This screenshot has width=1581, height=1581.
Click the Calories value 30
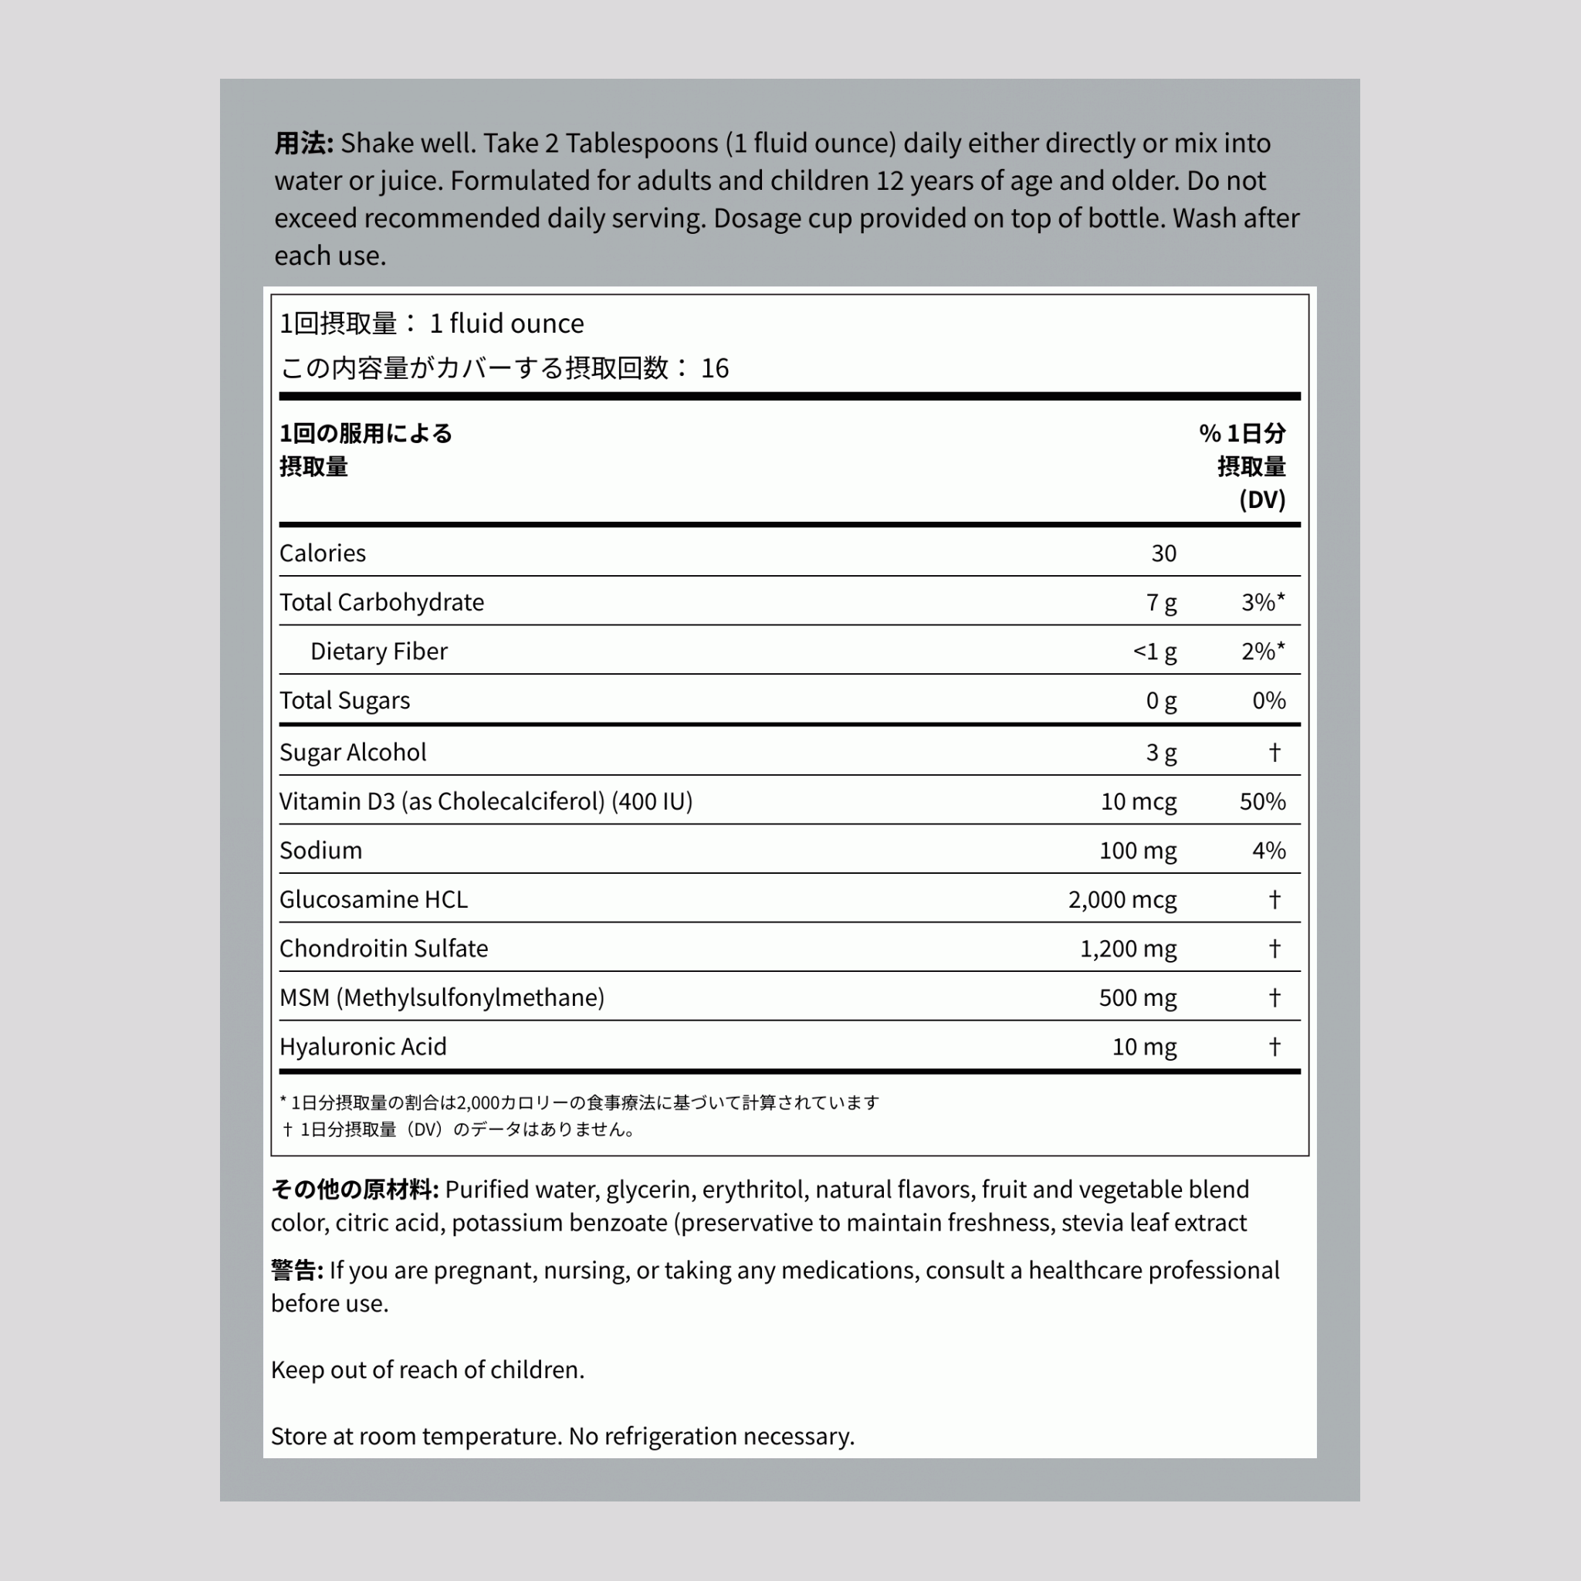pos(1163,554)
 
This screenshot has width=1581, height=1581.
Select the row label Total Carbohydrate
pos(381,602)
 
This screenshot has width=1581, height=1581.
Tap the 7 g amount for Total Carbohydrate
pos(1160,602)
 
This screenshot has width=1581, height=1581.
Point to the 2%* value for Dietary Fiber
pos(1262,652)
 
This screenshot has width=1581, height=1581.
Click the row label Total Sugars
pos(344,700)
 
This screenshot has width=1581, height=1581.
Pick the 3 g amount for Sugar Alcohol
pos(1160,752)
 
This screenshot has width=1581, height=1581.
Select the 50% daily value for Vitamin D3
pos(1262,801)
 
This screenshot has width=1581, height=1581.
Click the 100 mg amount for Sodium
pos(1137,850)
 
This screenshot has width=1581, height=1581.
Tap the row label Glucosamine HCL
pos(373,899)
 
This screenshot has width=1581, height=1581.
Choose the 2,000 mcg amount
pos(1122,899)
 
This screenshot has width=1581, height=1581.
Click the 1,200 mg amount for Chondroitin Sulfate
pos(1128,949)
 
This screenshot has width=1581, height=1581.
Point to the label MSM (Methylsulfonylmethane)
pos(442,997)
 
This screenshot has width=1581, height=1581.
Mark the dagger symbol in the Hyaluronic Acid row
pos(1274,1046)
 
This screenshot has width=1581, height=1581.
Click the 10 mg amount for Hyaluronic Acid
pos(1144,1047)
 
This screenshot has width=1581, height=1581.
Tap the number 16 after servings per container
pos(714,368)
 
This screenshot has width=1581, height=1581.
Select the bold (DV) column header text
pos(1262,499)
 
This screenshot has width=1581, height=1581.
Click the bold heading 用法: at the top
pos(303,144)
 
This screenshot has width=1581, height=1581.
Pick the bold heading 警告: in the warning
pos(297,1270)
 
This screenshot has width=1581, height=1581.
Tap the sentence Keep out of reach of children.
pos(427,1370)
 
